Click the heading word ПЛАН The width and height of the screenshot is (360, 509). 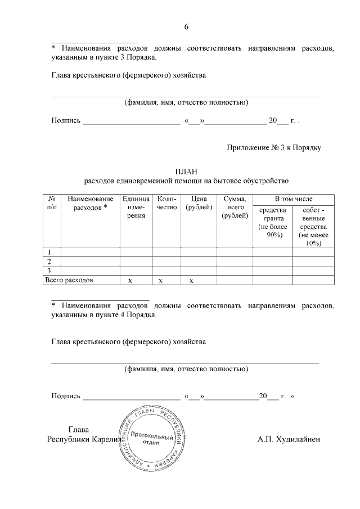point(186,171)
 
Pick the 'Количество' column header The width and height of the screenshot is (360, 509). point(167,203)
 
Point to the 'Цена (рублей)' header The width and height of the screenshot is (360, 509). point(199,203)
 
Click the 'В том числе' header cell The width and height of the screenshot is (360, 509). point(293,199)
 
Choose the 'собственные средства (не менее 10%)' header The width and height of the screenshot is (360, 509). point(313,226)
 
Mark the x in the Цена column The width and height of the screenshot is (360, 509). point(191,280)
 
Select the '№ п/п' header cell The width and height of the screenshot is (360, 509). point(52,203)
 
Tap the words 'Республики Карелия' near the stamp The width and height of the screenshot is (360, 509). point(84,439)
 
